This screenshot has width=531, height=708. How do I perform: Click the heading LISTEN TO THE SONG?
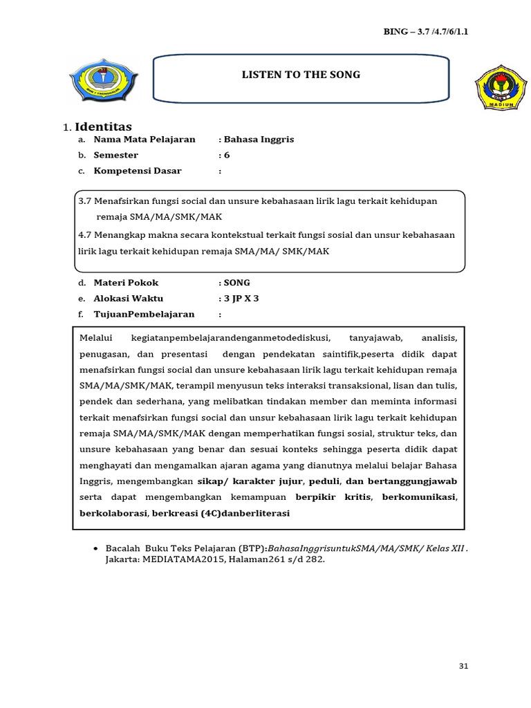[301, 75]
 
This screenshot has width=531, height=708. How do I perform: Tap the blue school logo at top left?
[102, 82]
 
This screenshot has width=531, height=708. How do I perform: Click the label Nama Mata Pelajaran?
[145, 140]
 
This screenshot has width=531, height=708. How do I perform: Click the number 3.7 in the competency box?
[85, 201]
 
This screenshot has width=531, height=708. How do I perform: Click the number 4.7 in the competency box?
[85, 235]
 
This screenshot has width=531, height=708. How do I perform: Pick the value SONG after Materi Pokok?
[236, 283]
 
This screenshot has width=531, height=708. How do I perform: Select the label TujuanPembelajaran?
[144, 314]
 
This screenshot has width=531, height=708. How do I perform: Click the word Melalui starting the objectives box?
[95, 338]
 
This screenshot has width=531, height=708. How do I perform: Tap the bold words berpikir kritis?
[333, 497]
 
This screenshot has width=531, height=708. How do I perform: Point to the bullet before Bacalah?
[95, 548]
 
